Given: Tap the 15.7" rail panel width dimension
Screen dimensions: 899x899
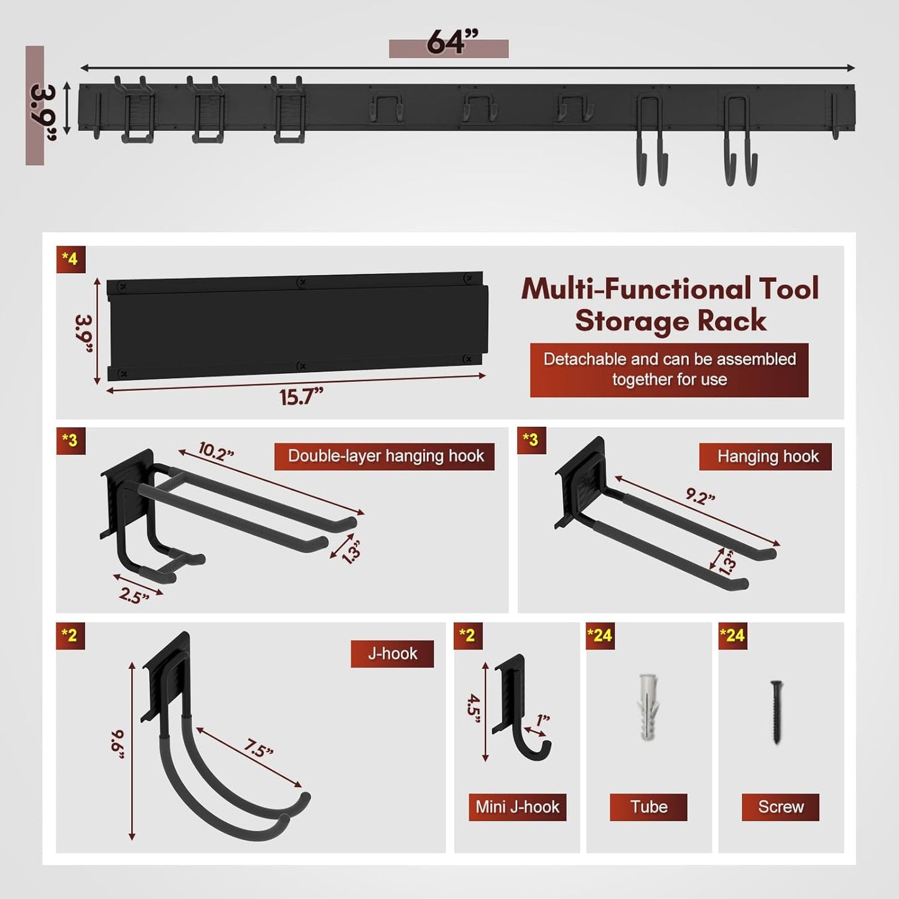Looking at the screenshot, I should point(301,397).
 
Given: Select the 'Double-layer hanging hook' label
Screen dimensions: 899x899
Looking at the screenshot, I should point(385,456).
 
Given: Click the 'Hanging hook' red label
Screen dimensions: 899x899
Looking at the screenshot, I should point(767,457).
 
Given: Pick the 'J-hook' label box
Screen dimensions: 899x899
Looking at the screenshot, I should point(392,654).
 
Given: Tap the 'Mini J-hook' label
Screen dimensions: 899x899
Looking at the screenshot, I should point(517,807).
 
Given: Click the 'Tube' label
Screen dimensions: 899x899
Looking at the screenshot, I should point(648,807).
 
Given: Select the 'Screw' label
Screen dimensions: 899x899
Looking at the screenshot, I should point(780,807).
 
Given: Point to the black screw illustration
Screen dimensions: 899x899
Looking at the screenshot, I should point(776,712).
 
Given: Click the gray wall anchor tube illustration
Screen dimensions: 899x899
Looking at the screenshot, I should point(648,707).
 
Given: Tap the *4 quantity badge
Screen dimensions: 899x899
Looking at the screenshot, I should point(70,259).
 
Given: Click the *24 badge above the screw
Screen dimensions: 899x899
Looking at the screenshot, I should point(732,635).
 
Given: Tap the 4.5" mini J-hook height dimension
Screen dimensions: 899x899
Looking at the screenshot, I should point(475,709).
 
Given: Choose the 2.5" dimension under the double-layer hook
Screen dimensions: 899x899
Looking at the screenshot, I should point(134,595).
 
